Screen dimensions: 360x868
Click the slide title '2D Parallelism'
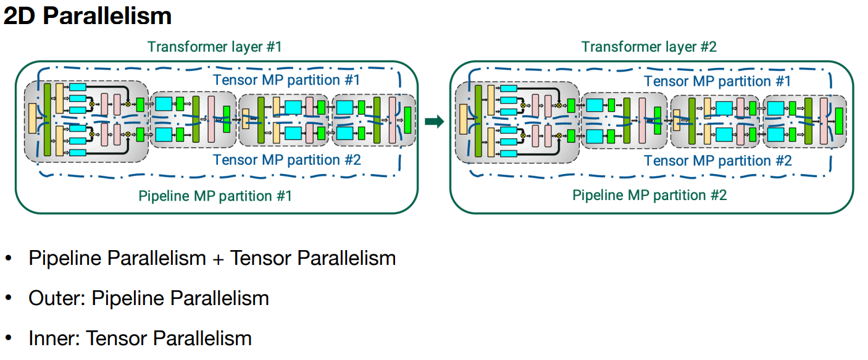[87, 15]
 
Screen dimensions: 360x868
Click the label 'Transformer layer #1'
[214, 47]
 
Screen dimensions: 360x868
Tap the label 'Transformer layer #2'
[649, 47]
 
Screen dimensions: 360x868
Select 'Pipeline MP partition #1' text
[215, 196]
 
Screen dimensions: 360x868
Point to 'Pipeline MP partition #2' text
[649, 196]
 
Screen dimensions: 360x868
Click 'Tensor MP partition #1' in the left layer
[286, 80]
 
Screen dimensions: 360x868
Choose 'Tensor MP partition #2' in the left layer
[286, 160]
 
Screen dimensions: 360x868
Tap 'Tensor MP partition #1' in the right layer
[717, 81]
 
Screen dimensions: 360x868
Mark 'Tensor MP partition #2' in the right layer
[717, 161]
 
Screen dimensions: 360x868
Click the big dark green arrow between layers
[435, 122]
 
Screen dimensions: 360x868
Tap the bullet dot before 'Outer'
[9, 298]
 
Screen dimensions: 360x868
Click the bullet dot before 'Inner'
[9, 338]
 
